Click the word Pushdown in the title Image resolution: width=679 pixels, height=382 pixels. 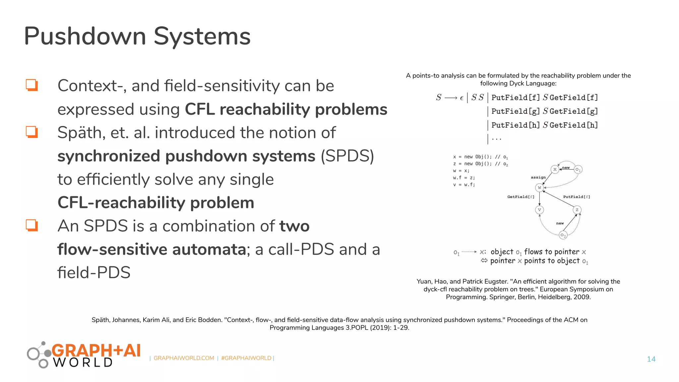85,36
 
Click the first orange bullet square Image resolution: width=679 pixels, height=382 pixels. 32,85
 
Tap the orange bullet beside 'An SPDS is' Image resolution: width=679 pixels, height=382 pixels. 32,225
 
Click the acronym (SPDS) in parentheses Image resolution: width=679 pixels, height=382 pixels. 347,156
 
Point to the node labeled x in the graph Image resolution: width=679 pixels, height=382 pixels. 555,169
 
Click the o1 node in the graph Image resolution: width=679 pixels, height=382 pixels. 578,169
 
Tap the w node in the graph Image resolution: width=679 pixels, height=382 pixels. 539,188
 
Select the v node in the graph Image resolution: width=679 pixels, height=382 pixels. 539,210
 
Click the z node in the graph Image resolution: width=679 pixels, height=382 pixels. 577,210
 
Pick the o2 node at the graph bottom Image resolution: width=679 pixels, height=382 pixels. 563,235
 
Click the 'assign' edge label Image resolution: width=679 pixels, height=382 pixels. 538,177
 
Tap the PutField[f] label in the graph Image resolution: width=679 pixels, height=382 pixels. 576,197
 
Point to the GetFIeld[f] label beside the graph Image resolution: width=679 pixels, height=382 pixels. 521,197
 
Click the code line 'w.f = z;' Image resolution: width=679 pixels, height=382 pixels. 464,178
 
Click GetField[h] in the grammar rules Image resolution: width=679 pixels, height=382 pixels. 574,125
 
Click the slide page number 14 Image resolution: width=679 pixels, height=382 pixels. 651,359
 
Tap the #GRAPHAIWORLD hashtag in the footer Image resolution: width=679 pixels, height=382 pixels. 246,358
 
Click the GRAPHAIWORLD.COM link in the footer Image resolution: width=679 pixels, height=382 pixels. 184,358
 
